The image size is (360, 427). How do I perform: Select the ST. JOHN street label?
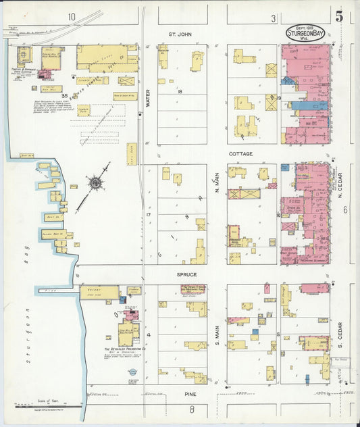(x=181, y=32)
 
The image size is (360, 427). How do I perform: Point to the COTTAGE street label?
(x=240, y=154)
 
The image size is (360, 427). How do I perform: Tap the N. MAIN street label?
(x=217, y=181)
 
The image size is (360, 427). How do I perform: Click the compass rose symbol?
(x=95, y=182)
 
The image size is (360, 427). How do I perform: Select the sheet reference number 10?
(x=72, y=18)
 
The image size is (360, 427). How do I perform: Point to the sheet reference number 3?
(x=274, y=18)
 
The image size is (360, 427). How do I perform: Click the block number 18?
(x=180, y=91)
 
